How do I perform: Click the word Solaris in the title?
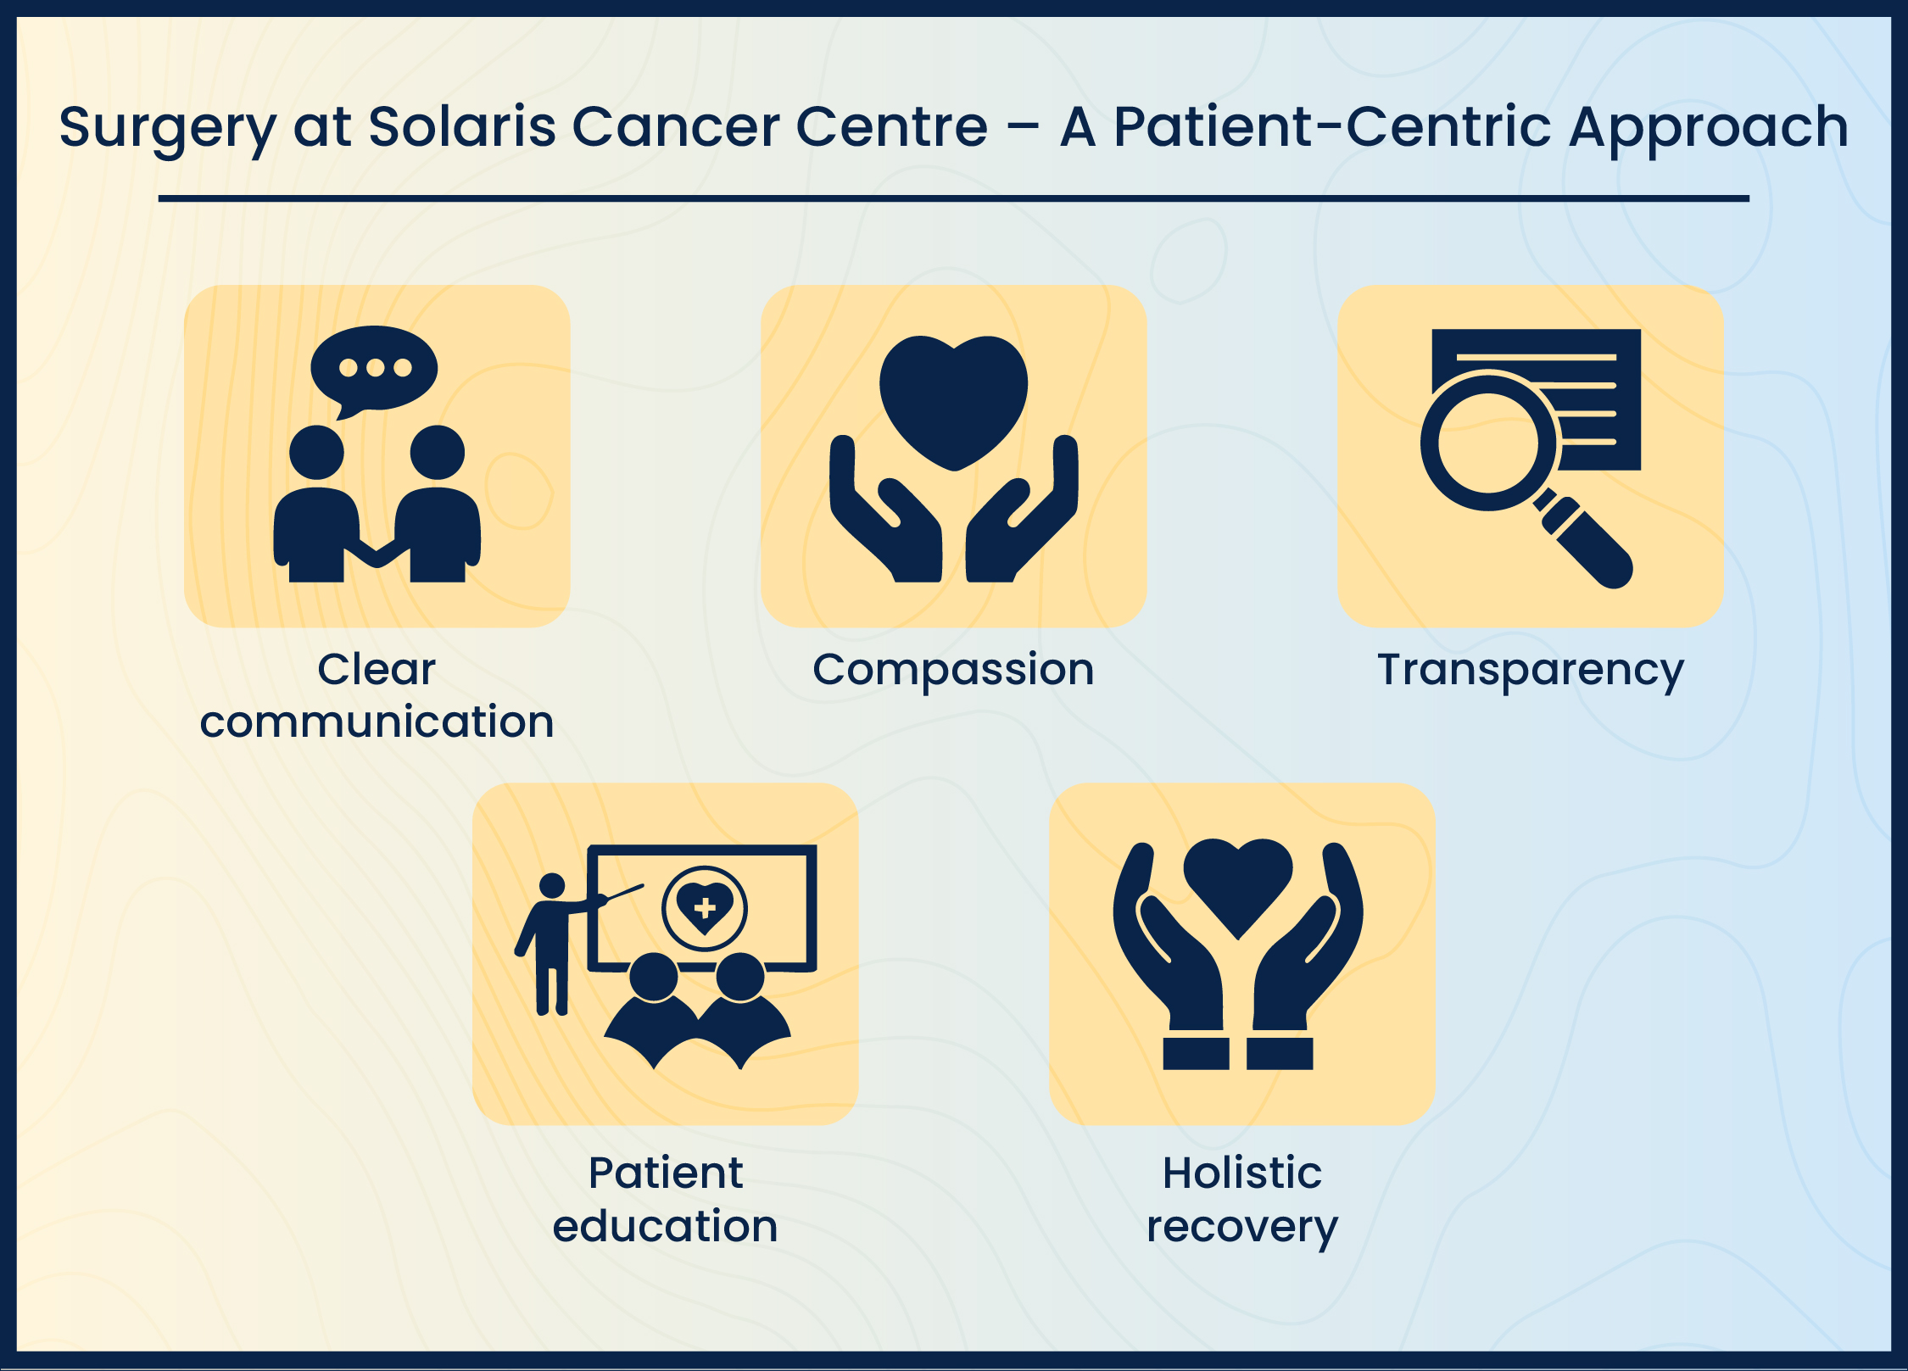click(x=462, y=127)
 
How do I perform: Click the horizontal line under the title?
click(x=953, y=198)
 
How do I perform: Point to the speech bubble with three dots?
click(x=374, y=368)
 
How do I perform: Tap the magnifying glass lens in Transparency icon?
click(x=1489, y=442)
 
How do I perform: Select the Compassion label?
click(x=953, y=670)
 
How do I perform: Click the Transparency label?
click(x=1530, y=670)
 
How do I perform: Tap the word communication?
click(x=377, y=722)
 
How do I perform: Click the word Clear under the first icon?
click(x=377, y=669)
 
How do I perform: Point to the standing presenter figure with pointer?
click(x=551, y=941)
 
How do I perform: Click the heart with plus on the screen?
click(x=705, y=908)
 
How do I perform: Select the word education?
click(x=665, y=1226)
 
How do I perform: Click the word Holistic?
click(x=1241, y=1173)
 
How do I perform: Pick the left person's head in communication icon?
click(x=316, y=452)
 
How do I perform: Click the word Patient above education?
click(x=665, y=1173)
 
